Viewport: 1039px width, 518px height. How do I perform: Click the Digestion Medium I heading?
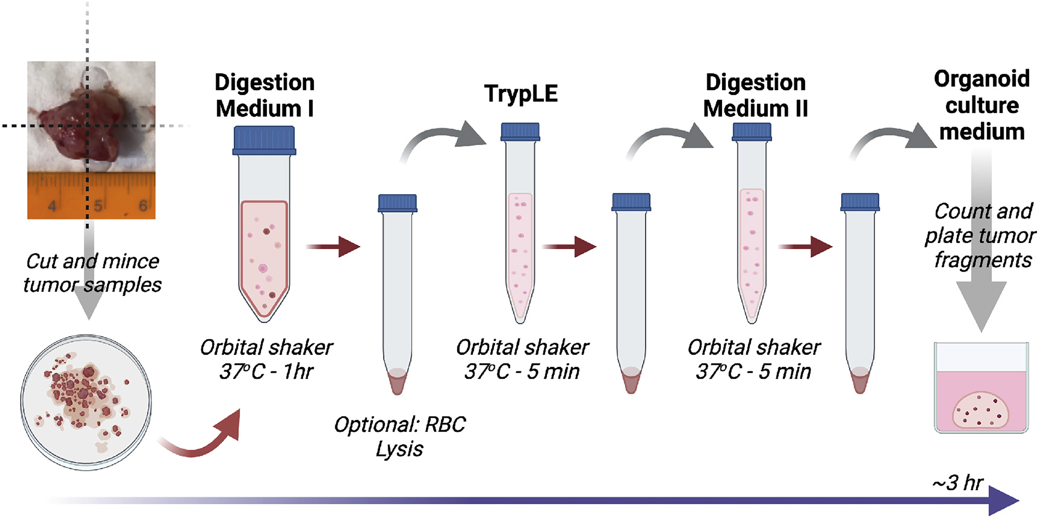pos(264,96)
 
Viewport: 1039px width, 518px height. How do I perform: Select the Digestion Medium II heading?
pos(755,96)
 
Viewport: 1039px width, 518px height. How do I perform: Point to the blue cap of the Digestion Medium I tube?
pos(264,140)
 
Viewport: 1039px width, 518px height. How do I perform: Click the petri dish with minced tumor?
pos(86,402)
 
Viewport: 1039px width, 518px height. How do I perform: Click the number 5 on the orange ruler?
pos(98,206)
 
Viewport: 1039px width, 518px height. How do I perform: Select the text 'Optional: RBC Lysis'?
pos(400,437)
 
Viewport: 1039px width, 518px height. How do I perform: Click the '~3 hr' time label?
pos(958,483)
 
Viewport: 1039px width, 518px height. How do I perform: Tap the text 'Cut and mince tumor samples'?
pos(92,273)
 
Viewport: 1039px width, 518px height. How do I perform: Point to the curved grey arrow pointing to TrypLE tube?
pos(444,139)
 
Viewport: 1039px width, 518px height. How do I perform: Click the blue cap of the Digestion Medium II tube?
pos(751,132)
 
